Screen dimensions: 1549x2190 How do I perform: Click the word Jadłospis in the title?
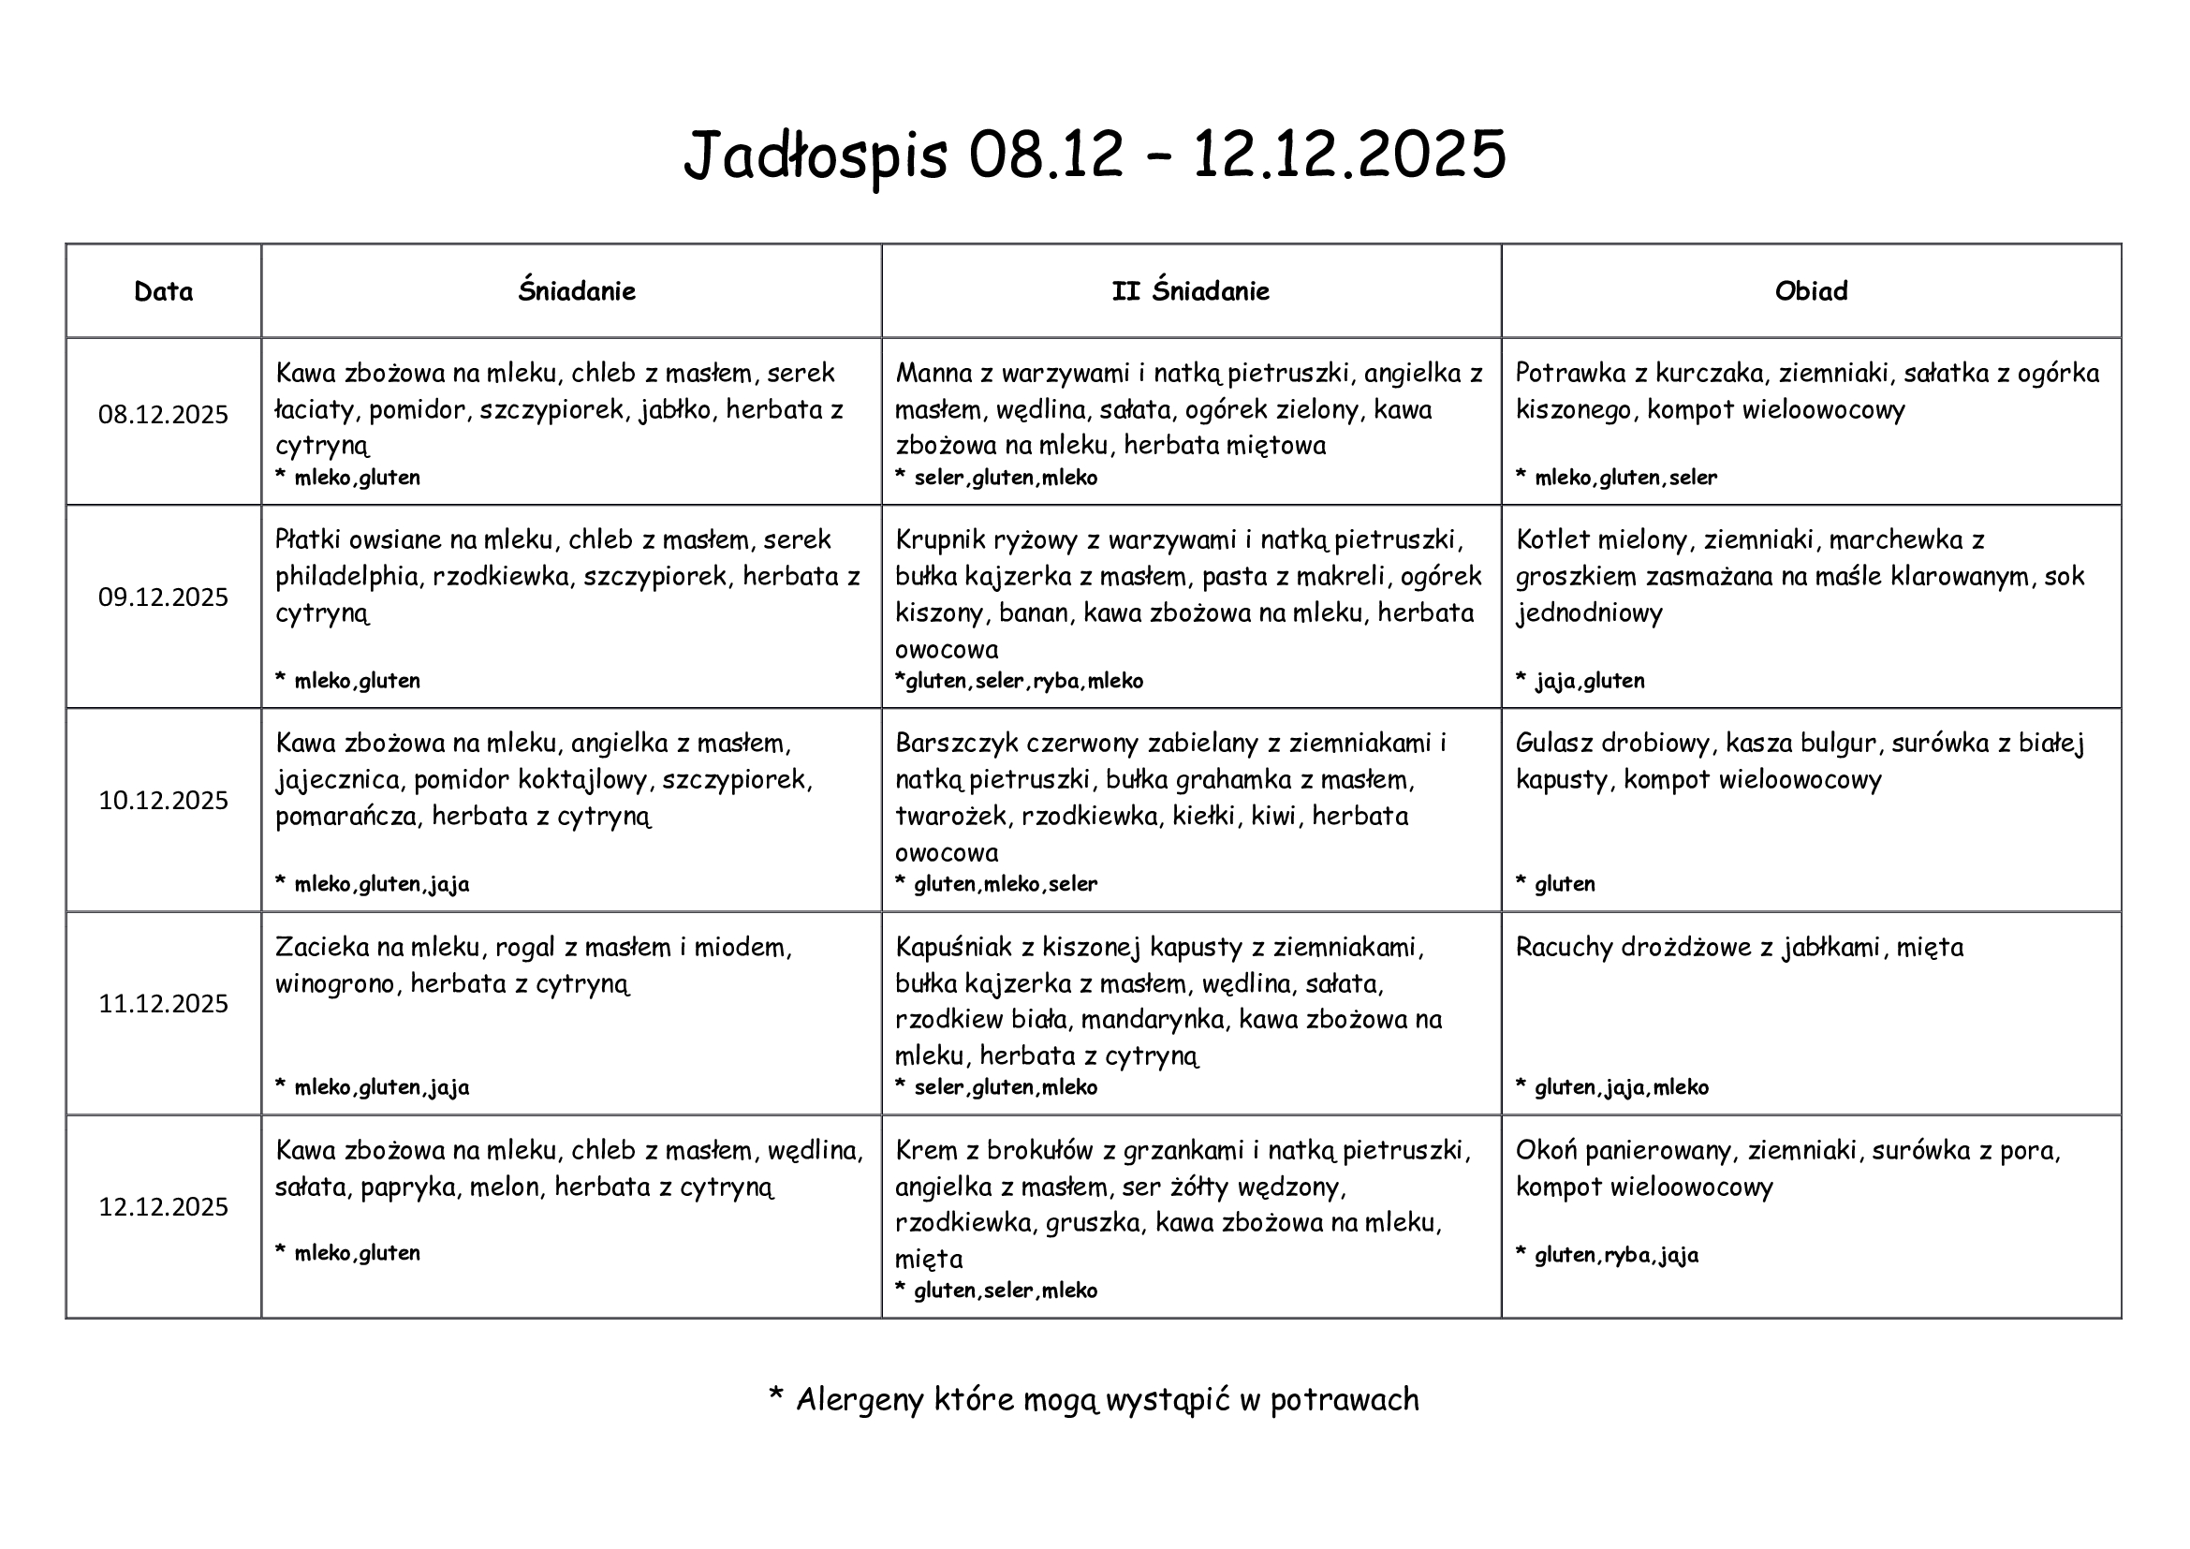pyautogui.click(x=816, y=155)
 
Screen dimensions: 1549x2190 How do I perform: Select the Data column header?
pyautogui.click(x=163, y=291)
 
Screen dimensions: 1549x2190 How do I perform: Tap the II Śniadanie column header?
pyautogui.click(x=1190, y=291)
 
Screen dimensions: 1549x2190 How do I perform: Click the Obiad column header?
pyautogui.click(x=1811, y=291)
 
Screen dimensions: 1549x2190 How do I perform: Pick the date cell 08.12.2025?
pyautogui.click(x=163, y=415)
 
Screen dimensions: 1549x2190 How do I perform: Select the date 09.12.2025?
pyautogui.click(x=163, y=597)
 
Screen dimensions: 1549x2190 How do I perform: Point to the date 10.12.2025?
pyautogui.click(x=163, y=800)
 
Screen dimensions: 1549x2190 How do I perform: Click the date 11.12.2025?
pyautogui.click(x=163, y=1003)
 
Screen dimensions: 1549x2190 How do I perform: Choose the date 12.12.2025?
pyautogui.click(x=163, y=1206)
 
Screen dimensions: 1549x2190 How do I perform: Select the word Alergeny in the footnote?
pyautogui.click(x=859, y=1399)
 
